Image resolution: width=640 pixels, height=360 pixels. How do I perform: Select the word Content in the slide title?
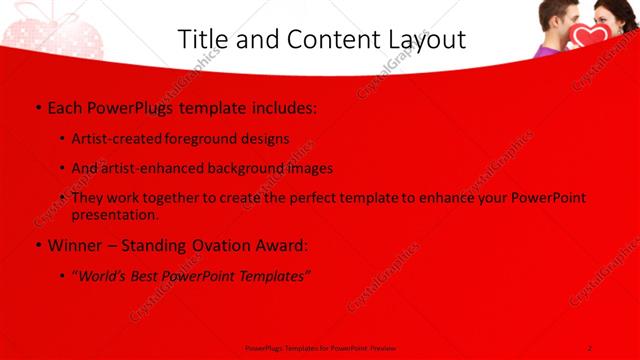coord(321,39)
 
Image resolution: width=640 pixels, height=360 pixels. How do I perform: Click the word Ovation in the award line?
coord(223,244)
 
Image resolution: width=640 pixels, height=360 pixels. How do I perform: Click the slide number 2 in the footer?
coord(590,346)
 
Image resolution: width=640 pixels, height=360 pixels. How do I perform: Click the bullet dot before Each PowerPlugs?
coord(37,107)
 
